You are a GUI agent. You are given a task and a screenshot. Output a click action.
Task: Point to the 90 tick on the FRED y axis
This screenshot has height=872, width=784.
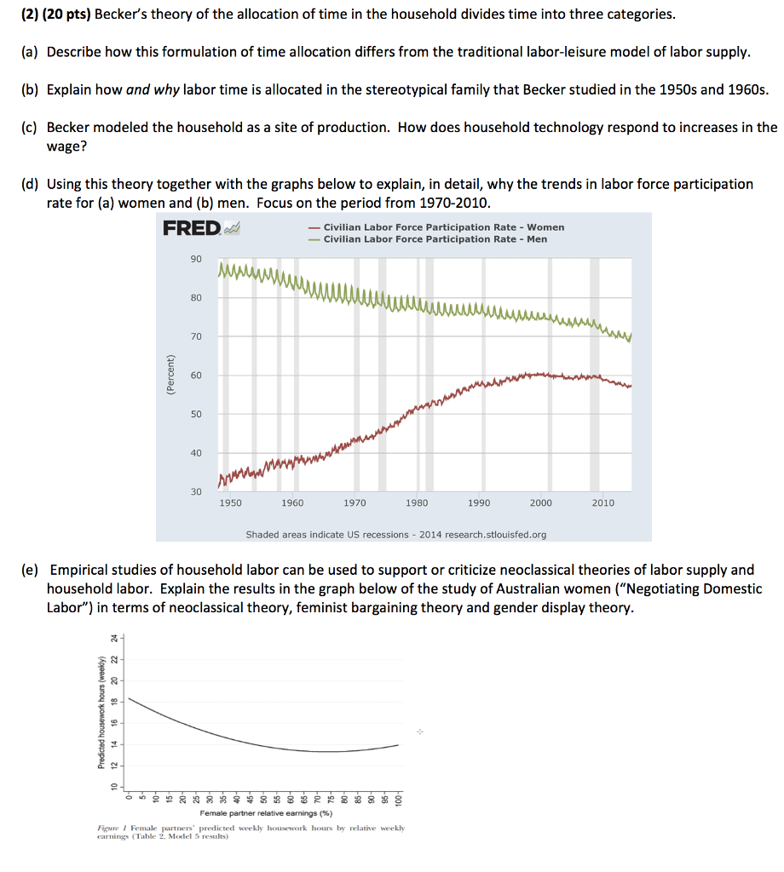pos(196,259)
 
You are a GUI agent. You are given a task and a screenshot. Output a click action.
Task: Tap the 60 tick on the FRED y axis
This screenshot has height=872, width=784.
pos(196,376)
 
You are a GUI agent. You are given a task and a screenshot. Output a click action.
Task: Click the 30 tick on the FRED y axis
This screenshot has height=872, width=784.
pos(196,492)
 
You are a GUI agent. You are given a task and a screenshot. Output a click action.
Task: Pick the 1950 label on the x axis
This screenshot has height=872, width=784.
pos(230,503)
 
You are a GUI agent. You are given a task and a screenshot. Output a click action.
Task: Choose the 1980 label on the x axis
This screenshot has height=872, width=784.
pos(417,503)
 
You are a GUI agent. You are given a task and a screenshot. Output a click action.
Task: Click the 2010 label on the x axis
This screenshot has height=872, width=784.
pos(602,503)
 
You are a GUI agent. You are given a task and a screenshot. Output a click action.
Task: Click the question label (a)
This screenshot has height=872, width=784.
pos(29,52)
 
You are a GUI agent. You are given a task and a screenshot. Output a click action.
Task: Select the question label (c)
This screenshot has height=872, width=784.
pos(29,127)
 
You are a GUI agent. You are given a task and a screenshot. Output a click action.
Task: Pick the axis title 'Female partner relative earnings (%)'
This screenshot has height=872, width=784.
pos(266,814)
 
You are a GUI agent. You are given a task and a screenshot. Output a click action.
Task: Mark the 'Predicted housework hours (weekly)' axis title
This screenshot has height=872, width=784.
pos(101,714)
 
